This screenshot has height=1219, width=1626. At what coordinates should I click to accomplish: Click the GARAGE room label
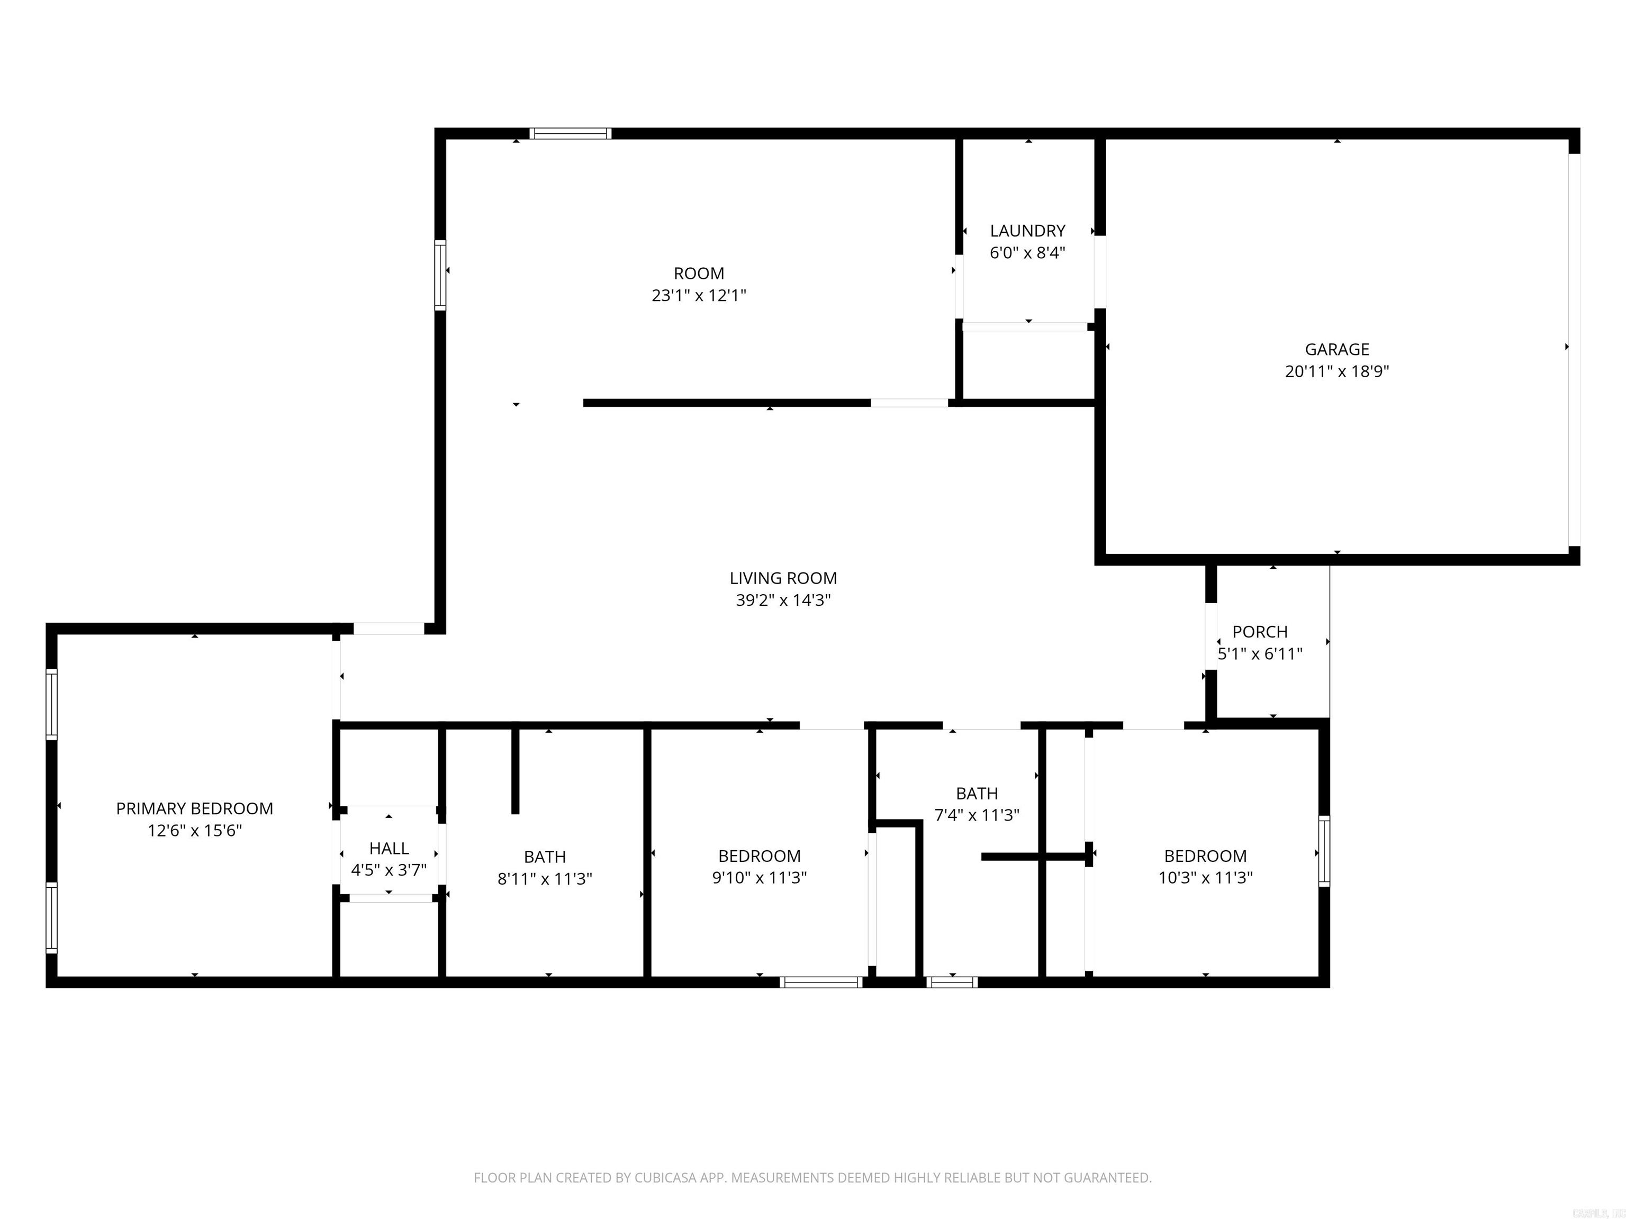pos(1336,350)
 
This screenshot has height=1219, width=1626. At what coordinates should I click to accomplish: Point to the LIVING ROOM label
pos(783,578)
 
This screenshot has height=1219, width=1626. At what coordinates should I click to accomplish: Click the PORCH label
pos(1260,632)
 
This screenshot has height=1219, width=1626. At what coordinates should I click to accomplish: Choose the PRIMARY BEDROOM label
pos(194,809)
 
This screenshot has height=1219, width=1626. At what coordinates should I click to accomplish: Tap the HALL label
pos(389,849)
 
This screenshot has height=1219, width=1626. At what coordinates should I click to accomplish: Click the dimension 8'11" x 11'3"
pos(545,879)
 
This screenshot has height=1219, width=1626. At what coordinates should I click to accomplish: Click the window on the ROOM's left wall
pos(440,276)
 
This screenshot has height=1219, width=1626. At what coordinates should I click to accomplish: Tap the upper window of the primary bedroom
pos(51,703)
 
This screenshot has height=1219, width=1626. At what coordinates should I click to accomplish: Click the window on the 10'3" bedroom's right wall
pos(1324,851)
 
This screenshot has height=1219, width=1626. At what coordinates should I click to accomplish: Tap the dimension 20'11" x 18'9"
pos(1336,372)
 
